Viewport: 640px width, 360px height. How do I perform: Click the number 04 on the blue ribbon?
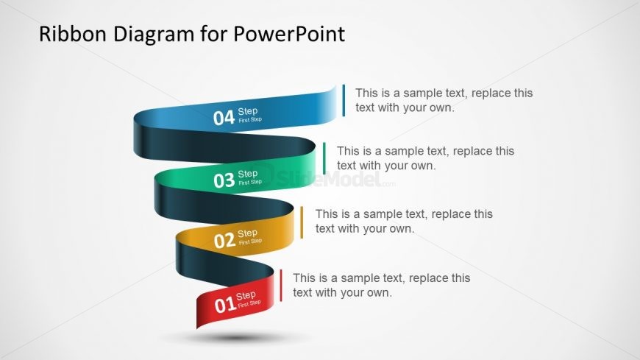click(x=224, y=117)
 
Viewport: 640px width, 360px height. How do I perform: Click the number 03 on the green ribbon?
click(x=224, y=180)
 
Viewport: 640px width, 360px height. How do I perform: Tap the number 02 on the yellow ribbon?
click(x=224, y=241)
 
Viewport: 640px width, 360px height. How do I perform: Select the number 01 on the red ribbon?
click(x=224, y=303)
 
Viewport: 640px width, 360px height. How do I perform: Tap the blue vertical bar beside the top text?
click(x=344, y=100)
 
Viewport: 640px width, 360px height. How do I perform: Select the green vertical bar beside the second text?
click(x=324, y=158)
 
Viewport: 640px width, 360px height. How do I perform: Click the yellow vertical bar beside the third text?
click(x=302, y=222)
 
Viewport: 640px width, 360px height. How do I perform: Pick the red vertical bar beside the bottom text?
click(x=280, y=286)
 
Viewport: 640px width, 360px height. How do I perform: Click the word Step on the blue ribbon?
click(x=248, y=111)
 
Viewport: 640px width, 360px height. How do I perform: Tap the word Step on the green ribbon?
click(x=248, y=174)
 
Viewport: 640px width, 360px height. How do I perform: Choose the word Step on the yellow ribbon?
click(x=247, y=233)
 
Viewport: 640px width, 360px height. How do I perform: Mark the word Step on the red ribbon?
click(x=246, y=296)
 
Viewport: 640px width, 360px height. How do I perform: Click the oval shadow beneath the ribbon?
click(x=235, y=338)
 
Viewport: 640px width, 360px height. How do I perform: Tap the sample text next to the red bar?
click(x=381, y=285)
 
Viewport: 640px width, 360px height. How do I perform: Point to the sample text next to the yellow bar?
click(x=404, y=221)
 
